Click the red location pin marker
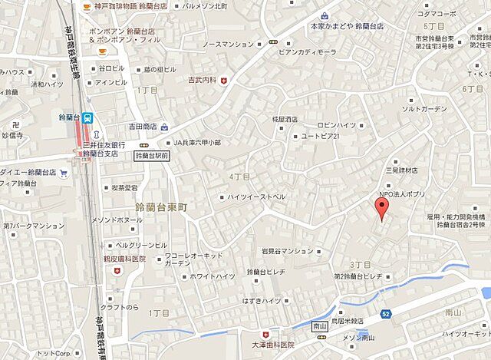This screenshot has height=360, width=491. tap(380, 208)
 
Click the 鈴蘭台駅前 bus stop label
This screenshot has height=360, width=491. tap(152, 156)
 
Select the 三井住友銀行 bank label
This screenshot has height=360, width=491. tap(104, 144)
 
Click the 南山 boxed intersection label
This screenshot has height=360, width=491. tap(321, 327)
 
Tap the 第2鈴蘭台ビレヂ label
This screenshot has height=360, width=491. tap(358, 276)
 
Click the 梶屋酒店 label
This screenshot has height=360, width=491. tap(285, 121)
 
